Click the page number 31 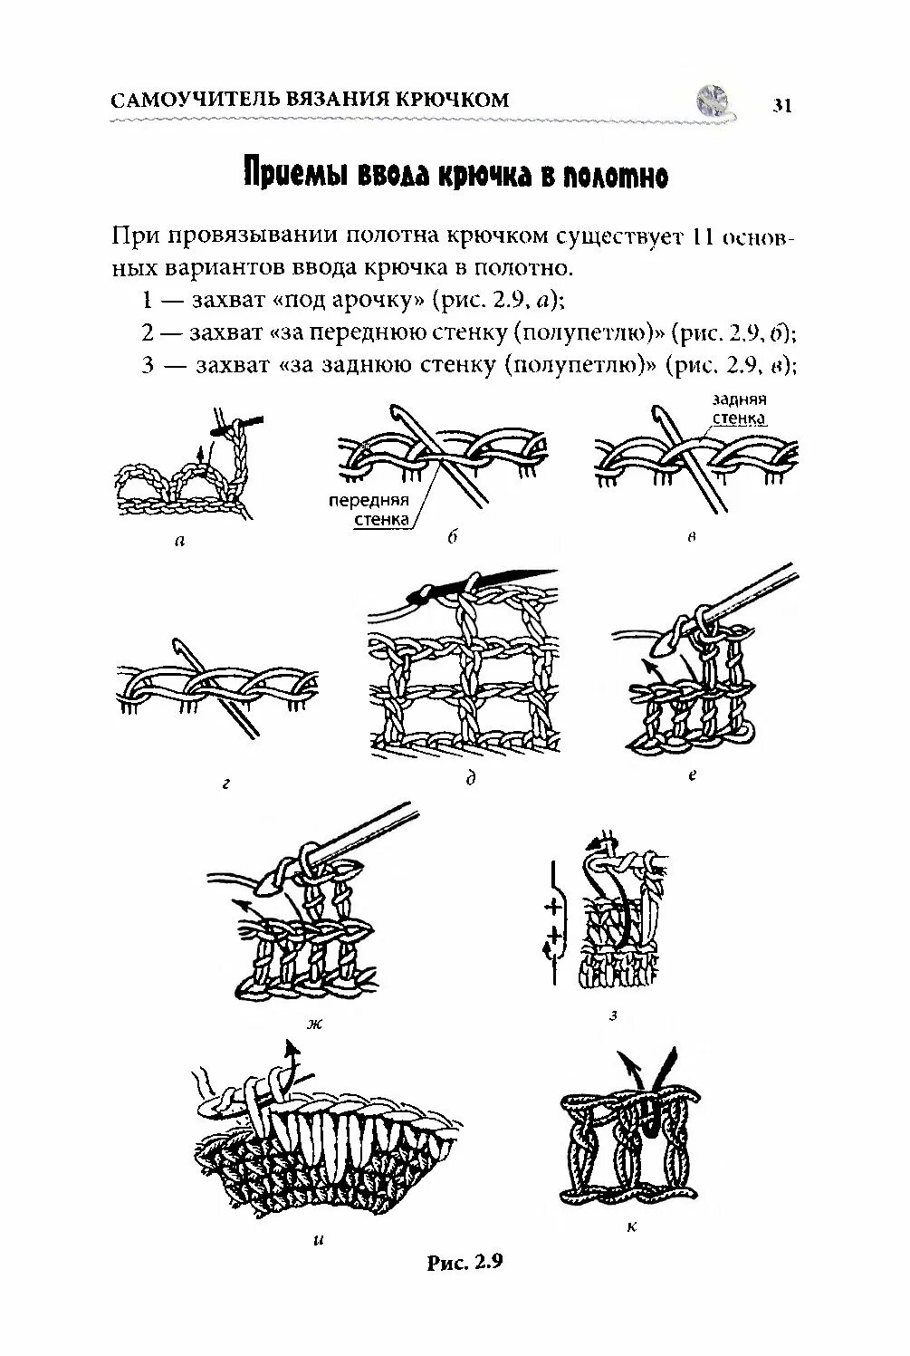(782, 105)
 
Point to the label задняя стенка (740, 409)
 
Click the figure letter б (450, 537)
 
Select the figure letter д (471, 778)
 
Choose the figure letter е (693, 774)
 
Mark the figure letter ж (314, 1024)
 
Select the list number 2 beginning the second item (147, 332)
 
